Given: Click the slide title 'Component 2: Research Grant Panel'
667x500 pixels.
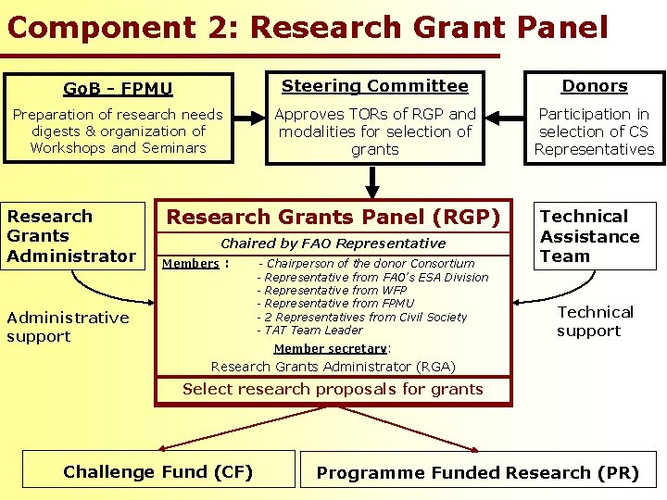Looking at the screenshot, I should pos(307,27).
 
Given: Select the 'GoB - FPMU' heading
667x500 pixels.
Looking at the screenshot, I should pos(118,89).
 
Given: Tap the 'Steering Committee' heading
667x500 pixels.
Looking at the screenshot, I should pos(374,86).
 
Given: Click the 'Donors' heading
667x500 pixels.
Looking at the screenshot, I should pos(595,86).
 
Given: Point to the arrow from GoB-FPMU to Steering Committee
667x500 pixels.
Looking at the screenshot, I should pos(248,119).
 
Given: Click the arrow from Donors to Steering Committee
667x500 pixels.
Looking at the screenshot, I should pos(505,119).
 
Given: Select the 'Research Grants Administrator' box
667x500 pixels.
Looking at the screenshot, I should pos(71,236).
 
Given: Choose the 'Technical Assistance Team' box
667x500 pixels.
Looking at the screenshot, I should pos(591,236).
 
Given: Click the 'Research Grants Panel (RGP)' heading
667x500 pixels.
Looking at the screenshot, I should pos(333,218).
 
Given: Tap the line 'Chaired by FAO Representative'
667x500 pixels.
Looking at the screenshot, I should pos(333,244).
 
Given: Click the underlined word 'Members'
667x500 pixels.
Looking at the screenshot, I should pos(191,264).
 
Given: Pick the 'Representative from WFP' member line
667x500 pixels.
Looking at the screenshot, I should pos(321,290).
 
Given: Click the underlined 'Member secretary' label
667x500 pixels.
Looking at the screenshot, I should pos(331,349).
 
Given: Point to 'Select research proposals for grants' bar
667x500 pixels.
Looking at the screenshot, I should pos(333,389).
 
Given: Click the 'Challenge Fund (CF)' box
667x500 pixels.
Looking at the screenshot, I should pos(157,471).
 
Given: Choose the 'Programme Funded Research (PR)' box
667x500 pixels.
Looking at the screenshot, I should pos(477,472).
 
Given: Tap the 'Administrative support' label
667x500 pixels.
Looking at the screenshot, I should pos(68,327).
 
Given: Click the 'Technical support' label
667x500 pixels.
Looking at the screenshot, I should pos(595,321).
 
